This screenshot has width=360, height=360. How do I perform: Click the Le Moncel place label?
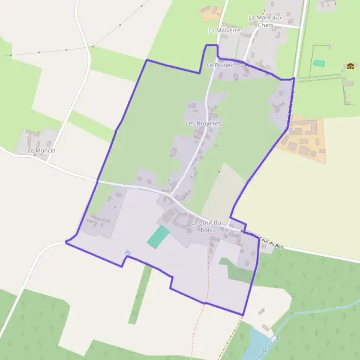[x=41, y=151]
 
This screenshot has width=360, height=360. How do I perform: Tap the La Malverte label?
[x=224, y=30]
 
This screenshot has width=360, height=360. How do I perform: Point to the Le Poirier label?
[x=219, y=65]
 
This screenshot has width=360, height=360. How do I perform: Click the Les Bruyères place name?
[x=204, y=124]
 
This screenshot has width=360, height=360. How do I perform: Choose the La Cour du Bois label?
[x=206, y=226]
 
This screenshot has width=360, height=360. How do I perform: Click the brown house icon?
[x=350, y=66]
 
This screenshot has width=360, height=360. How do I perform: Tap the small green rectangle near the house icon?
[x=319, y=63]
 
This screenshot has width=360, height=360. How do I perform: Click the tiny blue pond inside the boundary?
[x=126, y=253]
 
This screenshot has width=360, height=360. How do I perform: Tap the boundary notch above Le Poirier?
[x=211, y=46]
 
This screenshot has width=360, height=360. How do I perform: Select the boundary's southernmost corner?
[x=242, y=315]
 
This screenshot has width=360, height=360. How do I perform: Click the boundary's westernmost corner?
[x=65, y=242]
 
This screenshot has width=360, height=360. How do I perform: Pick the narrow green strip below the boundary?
[x=139, y=294]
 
